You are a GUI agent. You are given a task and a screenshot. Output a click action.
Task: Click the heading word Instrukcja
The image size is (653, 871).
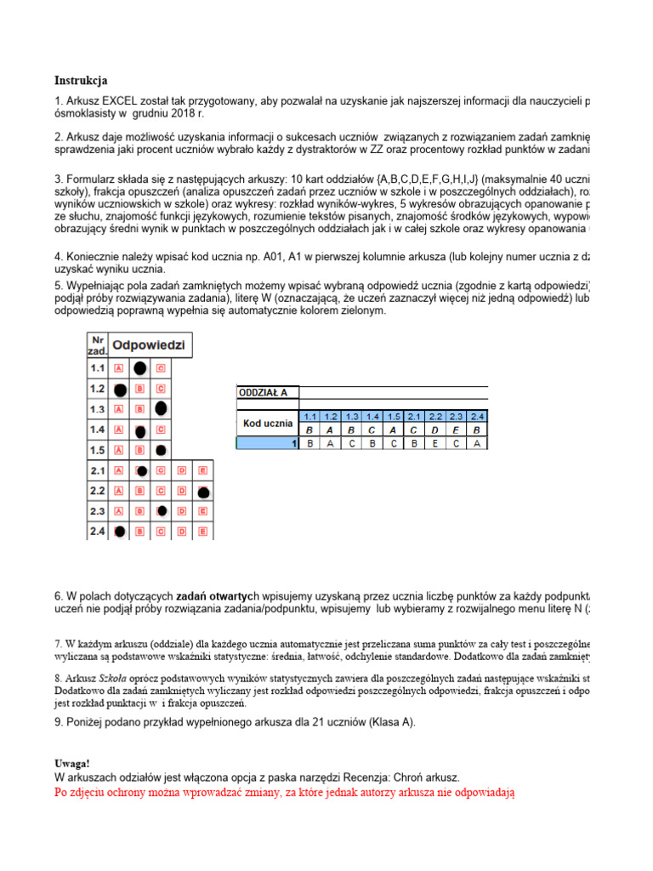coord(81,82)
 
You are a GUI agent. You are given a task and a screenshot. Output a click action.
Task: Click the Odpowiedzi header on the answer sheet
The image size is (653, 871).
coord(149,345)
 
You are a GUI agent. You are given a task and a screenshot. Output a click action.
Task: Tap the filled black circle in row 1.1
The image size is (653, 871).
coord(139,368)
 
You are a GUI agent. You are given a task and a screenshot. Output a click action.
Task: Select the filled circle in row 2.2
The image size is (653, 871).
coord(203,492)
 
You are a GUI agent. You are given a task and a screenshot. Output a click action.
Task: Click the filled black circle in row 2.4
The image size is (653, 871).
coord(120,532)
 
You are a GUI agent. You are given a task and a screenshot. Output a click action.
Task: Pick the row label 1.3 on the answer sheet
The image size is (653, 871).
coord(97,409)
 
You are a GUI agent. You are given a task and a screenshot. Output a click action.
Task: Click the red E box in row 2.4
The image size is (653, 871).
coord(202,532)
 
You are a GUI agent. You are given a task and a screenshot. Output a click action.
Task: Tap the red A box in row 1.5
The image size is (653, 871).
coord(119,450)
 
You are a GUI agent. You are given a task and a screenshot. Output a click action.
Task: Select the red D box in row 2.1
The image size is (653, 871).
coord(181,470)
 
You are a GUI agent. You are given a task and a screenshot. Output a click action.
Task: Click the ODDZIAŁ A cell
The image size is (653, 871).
coord(264,392)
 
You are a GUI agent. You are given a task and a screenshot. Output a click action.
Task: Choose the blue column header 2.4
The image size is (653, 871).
coord(478,417)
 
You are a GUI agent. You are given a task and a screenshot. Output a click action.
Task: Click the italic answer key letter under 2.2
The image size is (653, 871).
coord(436,430)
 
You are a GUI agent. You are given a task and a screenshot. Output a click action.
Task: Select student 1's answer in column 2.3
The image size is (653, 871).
coord(457,442)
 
